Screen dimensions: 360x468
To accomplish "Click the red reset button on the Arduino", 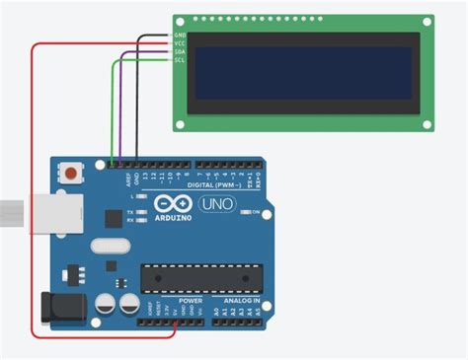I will (x=71, y=175).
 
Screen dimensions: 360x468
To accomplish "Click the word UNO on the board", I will (x=218, y=204).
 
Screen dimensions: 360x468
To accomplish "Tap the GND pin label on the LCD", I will (x=180, y=36).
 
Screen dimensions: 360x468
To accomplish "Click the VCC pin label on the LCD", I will (x=180, y=44).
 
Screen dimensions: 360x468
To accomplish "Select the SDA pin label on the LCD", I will (x=180, y=52).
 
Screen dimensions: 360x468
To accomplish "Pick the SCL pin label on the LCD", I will (x=180, y=60).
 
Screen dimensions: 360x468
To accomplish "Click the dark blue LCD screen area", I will (x=303, y=72).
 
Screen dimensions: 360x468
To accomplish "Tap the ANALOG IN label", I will (x=242, y=300).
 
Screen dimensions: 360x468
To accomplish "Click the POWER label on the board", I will (x=191, y=300).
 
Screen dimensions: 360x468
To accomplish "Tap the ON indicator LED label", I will (x=256, y=212).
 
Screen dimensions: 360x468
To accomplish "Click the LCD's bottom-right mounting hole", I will (x=426, y=122).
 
